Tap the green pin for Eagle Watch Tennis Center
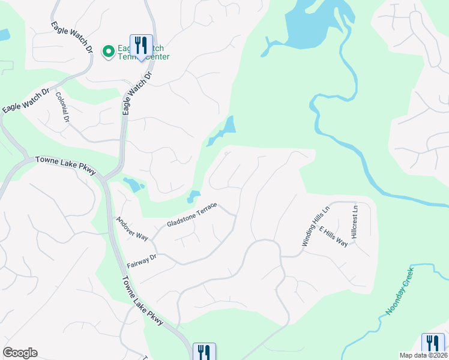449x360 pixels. click(x=109, y=52)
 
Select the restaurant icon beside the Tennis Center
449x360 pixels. click(x=142, y=46)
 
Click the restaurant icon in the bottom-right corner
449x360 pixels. click(x=433, y=345)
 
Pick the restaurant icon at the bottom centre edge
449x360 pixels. click(x=204, y=353)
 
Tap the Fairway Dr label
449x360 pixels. click(x=142, y=261)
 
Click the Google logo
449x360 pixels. click(x=20, y=353)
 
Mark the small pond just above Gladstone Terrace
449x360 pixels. click(x=193, y=196)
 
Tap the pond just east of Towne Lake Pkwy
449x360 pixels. click(x=133, y=184)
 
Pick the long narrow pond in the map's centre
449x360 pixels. click(x=223, y=131)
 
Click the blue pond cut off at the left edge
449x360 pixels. click(x=4, y=35)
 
